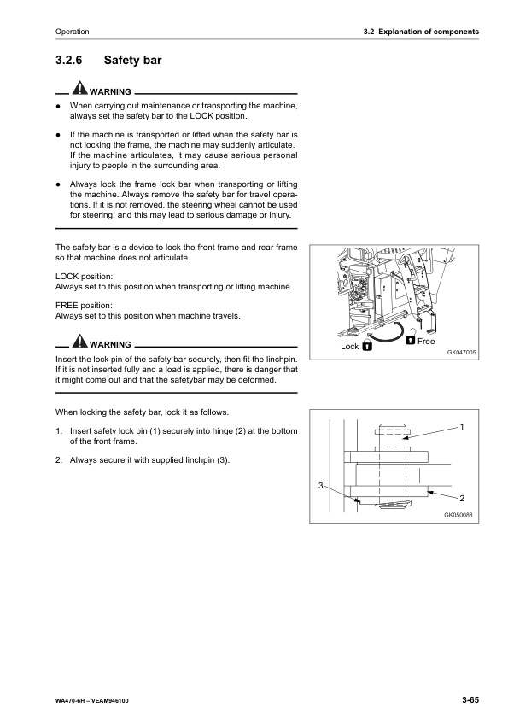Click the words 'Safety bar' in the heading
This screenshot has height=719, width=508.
(x=132, y=61)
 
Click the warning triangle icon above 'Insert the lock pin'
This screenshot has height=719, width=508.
(x=79, y=343)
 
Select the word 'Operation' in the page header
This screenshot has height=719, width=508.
(x=72, y=32)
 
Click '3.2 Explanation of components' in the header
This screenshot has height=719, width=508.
(x=420, y=32)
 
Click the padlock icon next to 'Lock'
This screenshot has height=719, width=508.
(x=367, y=348)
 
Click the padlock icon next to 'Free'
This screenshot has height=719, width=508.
(x=410, y=341)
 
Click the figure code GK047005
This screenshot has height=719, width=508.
(x=461, y=351)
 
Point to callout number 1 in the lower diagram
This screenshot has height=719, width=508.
(x=462, y=425)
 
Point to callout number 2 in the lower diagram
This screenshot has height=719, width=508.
(x=462, y=497)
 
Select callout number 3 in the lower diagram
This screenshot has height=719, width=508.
(x=320, y=485)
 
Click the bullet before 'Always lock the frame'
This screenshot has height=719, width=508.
(x=57, y=184)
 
